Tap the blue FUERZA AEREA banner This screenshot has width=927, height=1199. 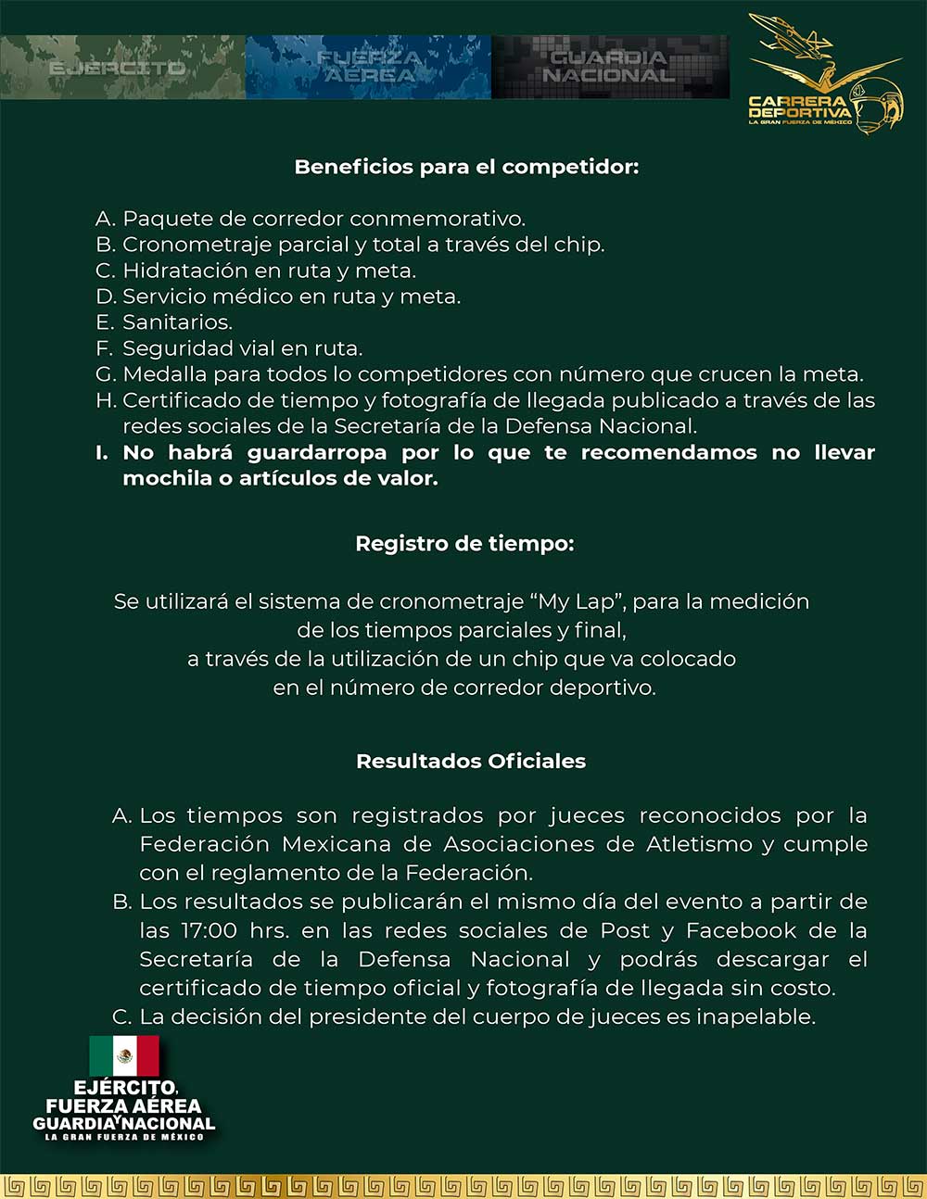point(368,67)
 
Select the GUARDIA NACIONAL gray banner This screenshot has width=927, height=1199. point(609,67)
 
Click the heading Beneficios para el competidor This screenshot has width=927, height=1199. point(466,167)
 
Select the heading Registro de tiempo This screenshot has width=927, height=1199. point(464,544)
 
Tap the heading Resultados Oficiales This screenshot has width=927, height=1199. point(471,762)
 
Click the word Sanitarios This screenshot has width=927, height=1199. point(177,322)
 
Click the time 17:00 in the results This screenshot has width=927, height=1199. point(209,930)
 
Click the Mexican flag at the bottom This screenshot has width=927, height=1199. point(124,1056)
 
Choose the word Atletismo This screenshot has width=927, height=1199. point(699,844)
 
